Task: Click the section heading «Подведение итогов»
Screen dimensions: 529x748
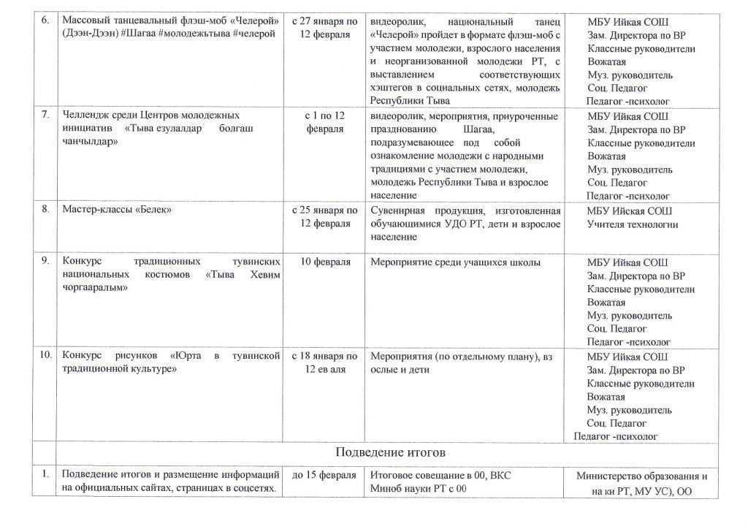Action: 389,452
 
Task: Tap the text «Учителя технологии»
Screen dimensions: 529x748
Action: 633,224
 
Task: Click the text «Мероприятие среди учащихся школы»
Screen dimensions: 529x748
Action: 455,262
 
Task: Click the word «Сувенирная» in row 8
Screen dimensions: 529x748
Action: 399,210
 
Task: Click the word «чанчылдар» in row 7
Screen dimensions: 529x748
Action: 85,142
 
